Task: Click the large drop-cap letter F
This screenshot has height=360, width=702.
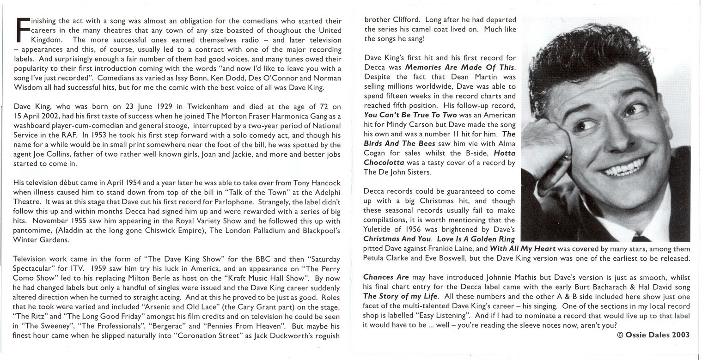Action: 23,30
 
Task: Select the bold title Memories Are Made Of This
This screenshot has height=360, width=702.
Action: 459,67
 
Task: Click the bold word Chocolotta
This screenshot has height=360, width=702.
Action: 384,163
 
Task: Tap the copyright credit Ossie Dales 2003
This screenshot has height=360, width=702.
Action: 653,335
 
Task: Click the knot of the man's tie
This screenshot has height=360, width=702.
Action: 641,238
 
